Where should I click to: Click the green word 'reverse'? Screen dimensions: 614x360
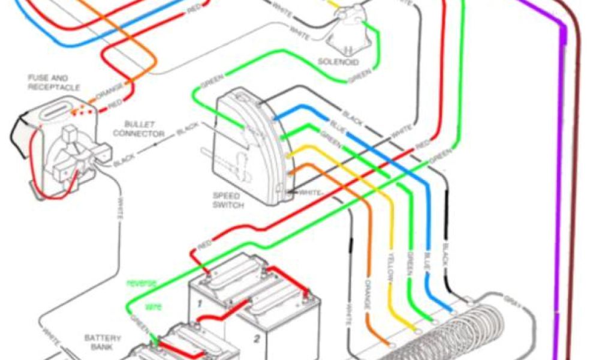[x=141, y=283]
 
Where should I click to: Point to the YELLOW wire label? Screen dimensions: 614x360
[x=389, y=275]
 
